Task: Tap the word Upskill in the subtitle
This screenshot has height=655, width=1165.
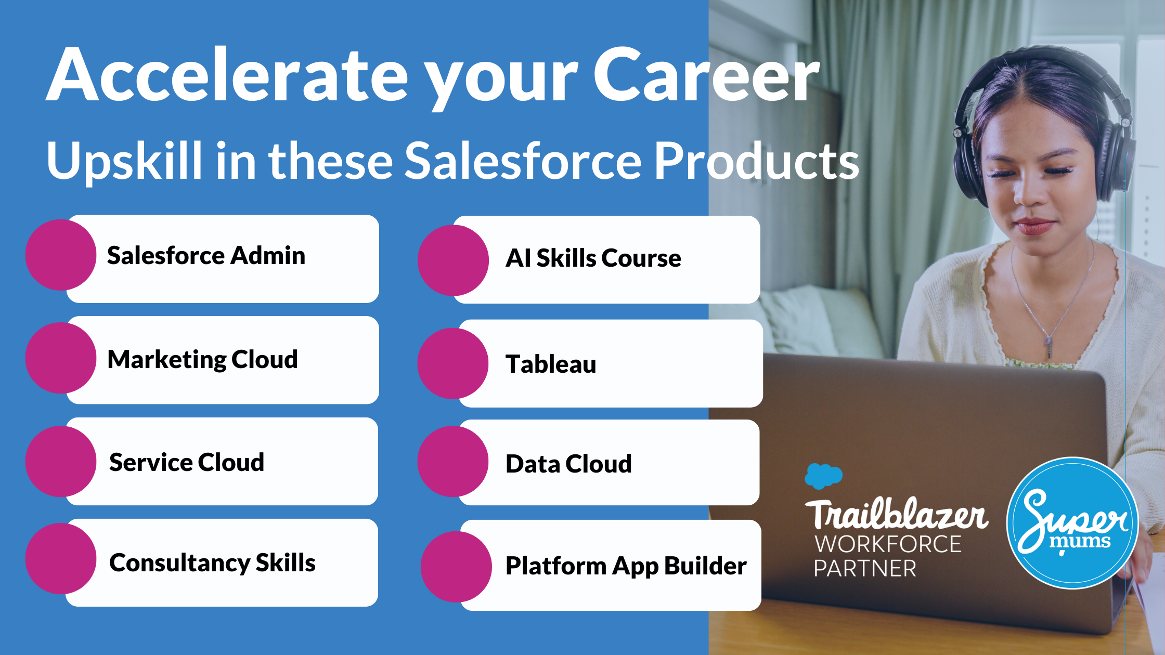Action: pos(124,162)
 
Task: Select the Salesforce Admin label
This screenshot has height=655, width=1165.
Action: pos(206,256)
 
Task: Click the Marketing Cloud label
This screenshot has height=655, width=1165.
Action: pos(203,360)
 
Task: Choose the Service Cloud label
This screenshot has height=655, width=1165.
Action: pos(187,462)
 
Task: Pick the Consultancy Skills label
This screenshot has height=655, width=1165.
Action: pos(212,563)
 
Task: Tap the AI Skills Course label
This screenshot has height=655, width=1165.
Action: pos(593,258)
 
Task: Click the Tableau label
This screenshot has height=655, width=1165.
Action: pos(551,364)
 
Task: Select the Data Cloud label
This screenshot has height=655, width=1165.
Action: pos(569,464)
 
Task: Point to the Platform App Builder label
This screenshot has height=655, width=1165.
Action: pos(626,566)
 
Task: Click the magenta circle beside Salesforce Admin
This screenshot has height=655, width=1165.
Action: pos(61,255)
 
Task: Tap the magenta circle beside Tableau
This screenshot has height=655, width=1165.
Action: pos(453,363)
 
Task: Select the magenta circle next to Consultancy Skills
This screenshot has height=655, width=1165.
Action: pos(61,559)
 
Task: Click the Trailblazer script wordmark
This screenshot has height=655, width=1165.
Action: pos(897,514)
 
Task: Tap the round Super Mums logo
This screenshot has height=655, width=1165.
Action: pos(1073,523)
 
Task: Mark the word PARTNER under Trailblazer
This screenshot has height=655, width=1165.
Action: pos(865,569)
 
